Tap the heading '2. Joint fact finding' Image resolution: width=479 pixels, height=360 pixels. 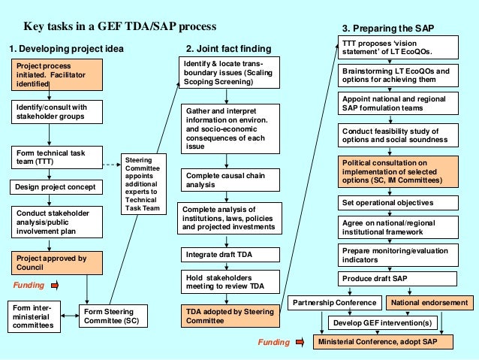point(229,49)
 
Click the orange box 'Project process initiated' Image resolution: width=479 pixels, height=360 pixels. point(50,76)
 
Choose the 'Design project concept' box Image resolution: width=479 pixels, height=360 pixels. point(50,186)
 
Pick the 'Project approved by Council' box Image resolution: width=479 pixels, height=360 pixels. point(50,262)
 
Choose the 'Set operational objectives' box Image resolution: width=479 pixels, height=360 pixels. point(396,202)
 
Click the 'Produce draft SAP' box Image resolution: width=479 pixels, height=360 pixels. point(396,279)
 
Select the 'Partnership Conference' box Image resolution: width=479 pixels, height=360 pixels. point(334,303)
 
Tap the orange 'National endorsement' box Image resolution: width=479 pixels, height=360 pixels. point(431,303)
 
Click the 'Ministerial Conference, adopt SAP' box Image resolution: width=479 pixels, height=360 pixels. point(383,342)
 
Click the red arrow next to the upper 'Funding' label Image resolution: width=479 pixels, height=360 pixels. point(59,286)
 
